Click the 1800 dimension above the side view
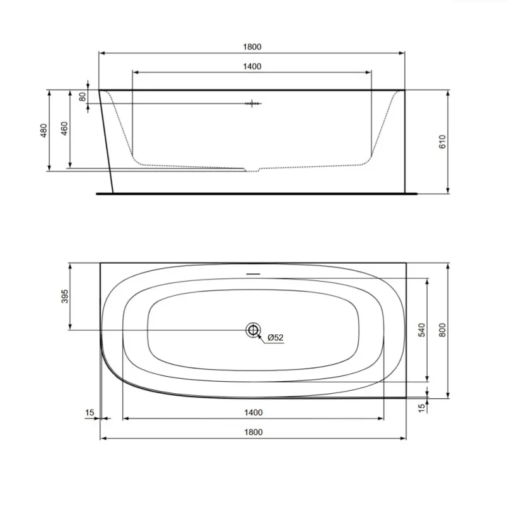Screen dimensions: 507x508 pos(252,47)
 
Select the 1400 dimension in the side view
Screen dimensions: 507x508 pos(252,67)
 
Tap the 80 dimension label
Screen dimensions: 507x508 pos(83,96)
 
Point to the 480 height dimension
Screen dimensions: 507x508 pos(44,130)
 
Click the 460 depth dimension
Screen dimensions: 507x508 pos(65,129)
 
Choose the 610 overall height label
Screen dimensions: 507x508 pos(442,142)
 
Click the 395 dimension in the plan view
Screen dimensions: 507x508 pos(65,296)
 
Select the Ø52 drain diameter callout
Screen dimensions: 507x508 pos(276,337)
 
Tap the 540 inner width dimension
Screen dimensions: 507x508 pos(421,330)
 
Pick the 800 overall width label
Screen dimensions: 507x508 pos(442,330)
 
